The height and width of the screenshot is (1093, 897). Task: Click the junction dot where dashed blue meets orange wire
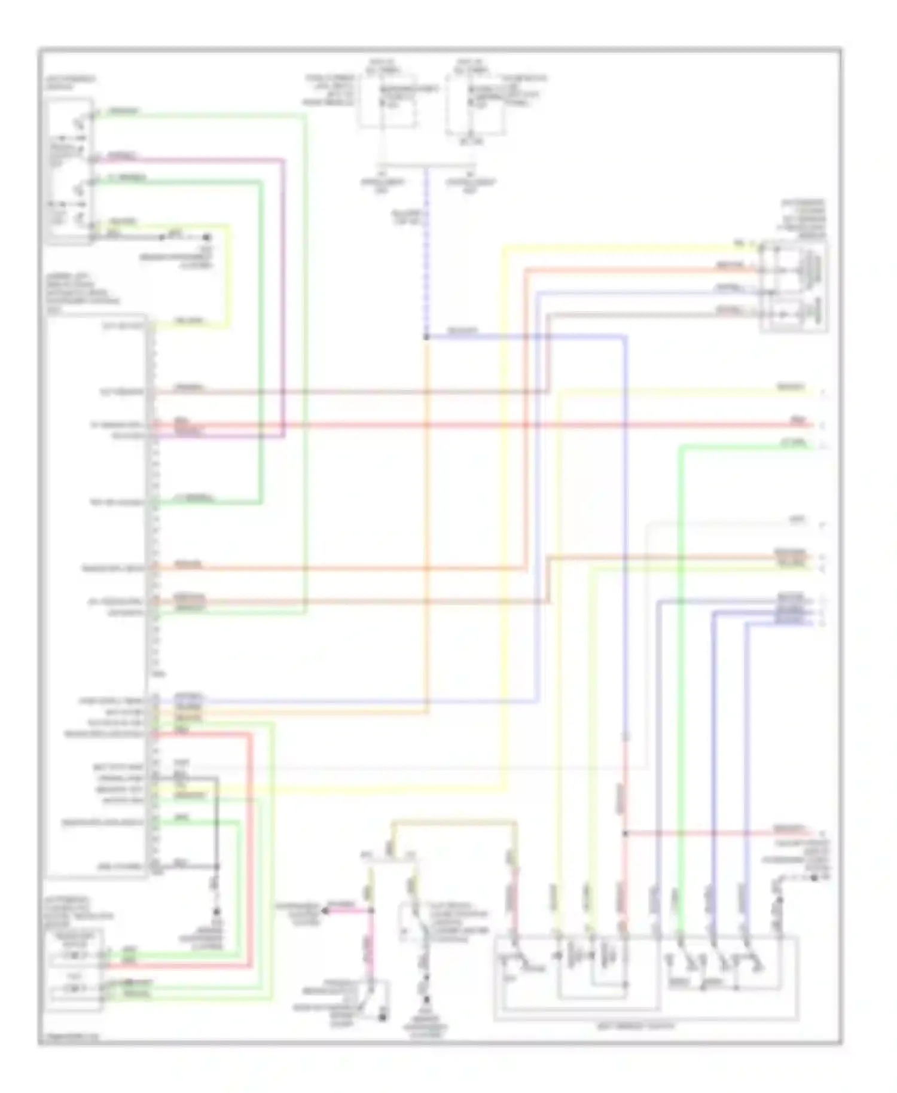(426, 337)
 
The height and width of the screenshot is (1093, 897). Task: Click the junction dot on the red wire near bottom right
(625, 833)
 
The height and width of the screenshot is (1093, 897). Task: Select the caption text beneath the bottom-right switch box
(646, 1025)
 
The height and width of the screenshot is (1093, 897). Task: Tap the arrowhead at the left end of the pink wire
(325, 910)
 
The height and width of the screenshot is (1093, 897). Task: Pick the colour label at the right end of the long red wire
(798, 421)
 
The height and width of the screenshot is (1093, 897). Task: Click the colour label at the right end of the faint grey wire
(797, 520)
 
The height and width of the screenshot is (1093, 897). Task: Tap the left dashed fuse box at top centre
(388, 102)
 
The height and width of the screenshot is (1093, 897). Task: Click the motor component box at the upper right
(794, 287)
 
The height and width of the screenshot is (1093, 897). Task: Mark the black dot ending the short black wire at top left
(209, 237)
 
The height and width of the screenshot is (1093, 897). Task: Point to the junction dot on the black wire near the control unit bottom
(216, 866)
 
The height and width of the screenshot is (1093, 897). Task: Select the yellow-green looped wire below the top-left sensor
(228, 275)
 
